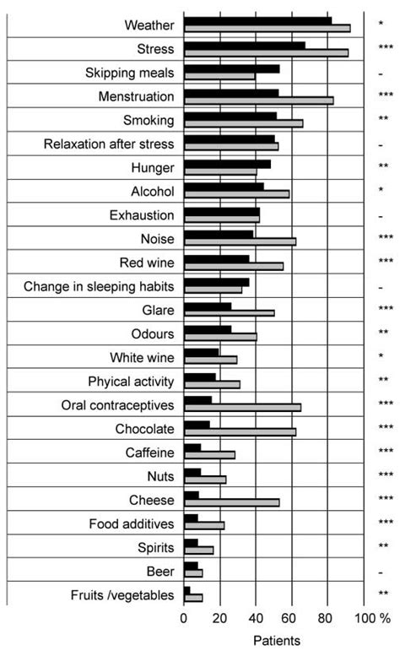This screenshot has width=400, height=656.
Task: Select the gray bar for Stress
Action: pyautogui.click(x=266, y=52)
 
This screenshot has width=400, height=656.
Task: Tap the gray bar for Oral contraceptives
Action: pyautogui.click(x=242, y=407)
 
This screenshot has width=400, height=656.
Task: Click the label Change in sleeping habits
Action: pyautogui.click(x=99, y=287)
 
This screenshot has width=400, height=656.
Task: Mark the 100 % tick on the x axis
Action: pyautogui.click(x=372, y=618)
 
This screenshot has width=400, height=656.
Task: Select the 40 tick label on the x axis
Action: pyautogui.click(x=256, y=618)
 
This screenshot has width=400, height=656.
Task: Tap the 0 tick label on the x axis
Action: pyautogui.click(x=184, y=618)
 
